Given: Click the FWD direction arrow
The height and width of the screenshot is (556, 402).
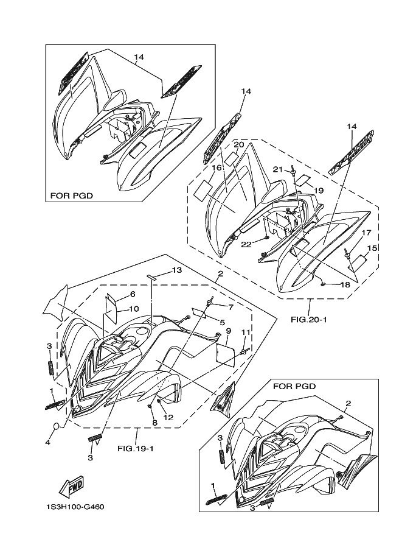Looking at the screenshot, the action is [71, 485].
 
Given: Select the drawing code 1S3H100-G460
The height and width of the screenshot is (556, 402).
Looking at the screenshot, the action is [75, 507].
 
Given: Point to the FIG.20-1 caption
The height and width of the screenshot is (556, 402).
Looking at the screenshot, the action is [309, 320].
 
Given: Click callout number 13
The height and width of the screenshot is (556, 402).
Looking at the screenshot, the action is [177, 270].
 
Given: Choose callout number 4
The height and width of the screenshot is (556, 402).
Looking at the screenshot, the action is [47, 442].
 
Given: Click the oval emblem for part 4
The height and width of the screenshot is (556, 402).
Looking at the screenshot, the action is [57, 426].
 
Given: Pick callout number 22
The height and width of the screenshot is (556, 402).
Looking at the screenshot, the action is [246, 244].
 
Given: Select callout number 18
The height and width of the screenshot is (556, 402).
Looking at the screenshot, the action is [345, 285].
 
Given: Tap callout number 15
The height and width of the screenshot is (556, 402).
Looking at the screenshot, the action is [372, 248].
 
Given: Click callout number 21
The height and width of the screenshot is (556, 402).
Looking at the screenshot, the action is [278, 170].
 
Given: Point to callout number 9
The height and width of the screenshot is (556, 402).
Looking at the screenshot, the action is [229, 331].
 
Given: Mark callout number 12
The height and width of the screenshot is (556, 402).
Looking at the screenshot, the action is [168, 417].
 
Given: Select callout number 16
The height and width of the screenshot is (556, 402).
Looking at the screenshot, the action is [217, 167].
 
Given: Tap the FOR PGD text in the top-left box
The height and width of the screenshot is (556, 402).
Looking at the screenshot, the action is [72, 195].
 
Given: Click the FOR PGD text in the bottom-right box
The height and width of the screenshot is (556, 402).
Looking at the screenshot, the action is [294, 386].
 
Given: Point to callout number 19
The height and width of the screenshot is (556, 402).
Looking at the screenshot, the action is [319, 191].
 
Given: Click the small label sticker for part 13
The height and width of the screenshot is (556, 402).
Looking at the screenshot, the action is [151, 276].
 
